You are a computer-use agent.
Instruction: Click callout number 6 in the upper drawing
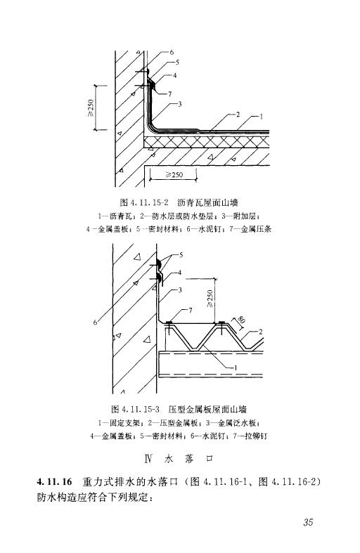[172, 52]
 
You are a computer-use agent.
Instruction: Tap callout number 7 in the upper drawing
[169, 94]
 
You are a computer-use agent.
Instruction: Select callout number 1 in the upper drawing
[261, 117]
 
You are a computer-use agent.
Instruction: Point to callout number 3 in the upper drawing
[179, 104]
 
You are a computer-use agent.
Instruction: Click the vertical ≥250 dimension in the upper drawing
[91, 108]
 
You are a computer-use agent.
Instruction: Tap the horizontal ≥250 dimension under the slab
[174, 174]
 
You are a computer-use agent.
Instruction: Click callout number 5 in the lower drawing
[181, 254]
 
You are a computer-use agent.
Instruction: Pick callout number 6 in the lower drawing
[95, 322]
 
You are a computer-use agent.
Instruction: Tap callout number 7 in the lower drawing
[191, 311]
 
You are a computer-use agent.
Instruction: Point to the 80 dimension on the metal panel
[241, 320]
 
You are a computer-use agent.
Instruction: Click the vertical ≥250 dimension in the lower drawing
[210, 299]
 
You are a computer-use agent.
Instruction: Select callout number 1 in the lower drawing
[236, 367]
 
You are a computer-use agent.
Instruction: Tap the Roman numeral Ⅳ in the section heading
[148, 459]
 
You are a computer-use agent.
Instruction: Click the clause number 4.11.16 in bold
[54, 481]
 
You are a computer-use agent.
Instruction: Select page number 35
[308, 522]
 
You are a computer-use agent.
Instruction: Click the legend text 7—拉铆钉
[250, 436]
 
